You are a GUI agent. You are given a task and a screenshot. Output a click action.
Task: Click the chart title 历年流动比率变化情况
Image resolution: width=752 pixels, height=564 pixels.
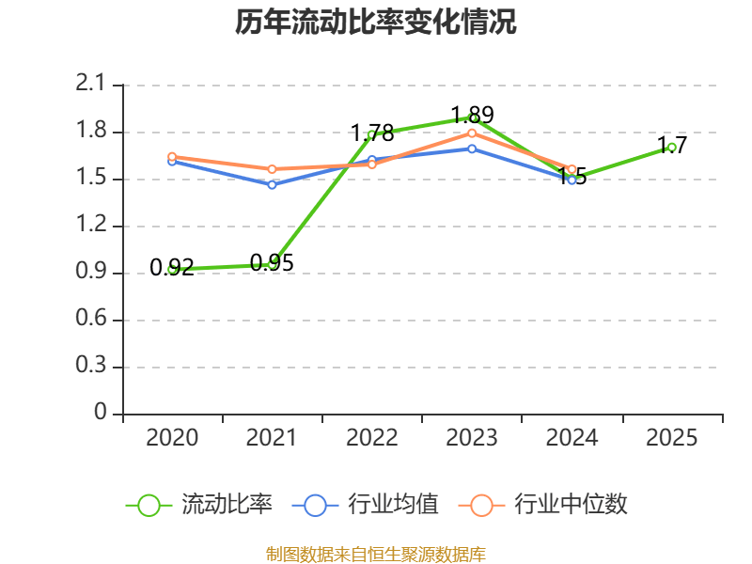pos(376,23)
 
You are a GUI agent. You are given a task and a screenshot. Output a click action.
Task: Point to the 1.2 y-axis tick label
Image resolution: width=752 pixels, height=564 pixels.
pos(91,226)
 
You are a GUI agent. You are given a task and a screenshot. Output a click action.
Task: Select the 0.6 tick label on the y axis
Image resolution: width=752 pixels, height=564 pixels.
pos(91,320)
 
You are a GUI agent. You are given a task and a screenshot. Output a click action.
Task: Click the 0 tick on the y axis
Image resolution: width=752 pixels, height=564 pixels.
pos(101,414)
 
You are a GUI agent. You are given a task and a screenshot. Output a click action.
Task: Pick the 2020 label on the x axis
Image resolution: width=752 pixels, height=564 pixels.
pos(173,438)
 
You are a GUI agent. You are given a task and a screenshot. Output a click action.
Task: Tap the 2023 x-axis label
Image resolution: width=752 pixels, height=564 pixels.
pos(473,438)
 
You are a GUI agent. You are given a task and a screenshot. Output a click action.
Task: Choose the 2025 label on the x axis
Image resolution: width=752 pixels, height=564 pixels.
pos(672,438)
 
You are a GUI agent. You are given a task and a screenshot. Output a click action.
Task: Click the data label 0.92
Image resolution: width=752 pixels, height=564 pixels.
pos(172,268)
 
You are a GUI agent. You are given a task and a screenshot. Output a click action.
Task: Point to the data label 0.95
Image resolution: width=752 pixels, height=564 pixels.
pos(272,263)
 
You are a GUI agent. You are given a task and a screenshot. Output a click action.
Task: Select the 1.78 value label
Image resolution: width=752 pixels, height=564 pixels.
pos(372,133)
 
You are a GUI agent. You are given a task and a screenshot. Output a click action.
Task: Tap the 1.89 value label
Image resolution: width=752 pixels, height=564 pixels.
pos(472,116)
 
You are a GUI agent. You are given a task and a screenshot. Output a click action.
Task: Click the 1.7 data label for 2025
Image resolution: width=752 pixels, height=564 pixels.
pos(672,145)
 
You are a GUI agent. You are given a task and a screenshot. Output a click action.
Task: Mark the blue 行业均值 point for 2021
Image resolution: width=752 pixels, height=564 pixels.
pos(272,184)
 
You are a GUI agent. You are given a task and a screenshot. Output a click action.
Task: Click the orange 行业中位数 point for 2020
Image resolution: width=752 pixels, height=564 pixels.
pos(172,156)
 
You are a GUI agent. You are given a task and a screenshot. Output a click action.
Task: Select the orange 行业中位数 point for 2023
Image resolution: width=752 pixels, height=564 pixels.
pos(472,133)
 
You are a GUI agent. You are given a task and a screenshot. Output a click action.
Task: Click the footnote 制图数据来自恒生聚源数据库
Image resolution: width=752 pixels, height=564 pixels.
pos(376,555)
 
